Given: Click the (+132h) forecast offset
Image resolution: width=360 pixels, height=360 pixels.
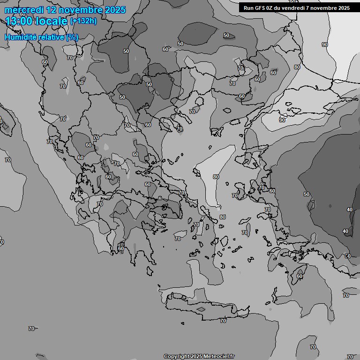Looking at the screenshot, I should click(83, 21).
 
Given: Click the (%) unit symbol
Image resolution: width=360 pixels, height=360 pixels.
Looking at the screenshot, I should click(72, 37).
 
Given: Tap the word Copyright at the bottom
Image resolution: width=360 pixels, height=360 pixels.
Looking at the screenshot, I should click(177, 357).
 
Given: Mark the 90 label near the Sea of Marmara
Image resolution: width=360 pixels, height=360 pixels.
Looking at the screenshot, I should click(282, 120).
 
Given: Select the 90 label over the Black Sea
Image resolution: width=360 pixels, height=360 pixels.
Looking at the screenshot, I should click(325, 45).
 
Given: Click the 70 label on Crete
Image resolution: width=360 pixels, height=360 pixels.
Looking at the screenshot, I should click(223, 321).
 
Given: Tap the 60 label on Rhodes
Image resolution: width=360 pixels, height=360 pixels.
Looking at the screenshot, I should click(300, 277).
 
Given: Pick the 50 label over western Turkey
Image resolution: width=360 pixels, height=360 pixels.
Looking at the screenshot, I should click(307, 194).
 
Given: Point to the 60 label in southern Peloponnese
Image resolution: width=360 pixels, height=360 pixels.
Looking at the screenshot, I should click(121, 248).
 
